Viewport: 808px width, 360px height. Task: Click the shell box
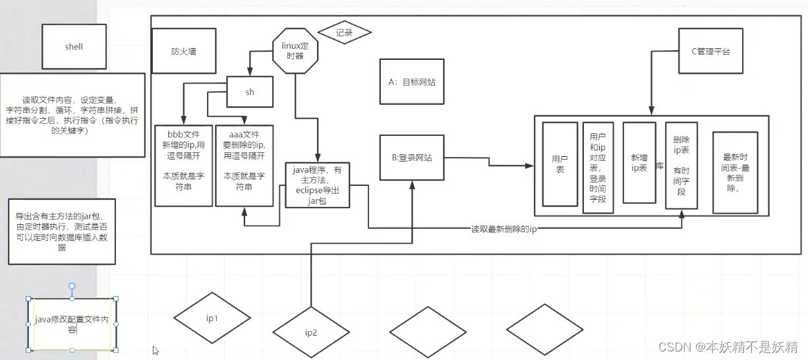tap(74, 47)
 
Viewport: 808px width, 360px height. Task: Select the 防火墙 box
tap(184, 51)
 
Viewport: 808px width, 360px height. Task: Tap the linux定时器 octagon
tap(295, 50)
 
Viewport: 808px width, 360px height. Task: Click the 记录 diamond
tap(344, 32)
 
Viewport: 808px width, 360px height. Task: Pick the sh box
tap(250, 92)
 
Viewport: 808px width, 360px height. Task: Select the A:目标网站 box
tap(412, 81)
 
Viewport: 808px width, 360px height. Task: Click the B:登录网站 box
tap(412, 158)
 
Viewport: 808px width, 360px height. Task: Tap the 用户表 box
tap(560, 164)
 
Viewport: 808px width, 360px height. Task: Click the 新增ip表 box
tap(639, 162)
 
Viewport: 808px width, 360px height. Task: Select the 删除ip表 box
tap(681, 165)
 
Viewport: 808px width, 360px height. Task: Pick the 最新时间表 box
tap(736, 172)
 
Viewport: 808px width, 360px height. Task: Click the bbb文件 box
tap(184, 165)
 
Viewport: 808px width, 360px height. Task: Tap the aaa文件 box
tap(244, 165)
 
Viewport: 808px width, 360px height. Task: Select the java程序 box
tap(317, 185)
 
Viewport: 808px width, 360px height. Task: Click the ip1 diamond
tap(212, 318)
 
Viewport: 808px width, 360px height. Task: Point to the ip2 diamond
tap(311, 332)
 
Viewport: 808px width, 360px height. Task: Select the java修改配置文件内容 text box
tap(72, 324)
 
